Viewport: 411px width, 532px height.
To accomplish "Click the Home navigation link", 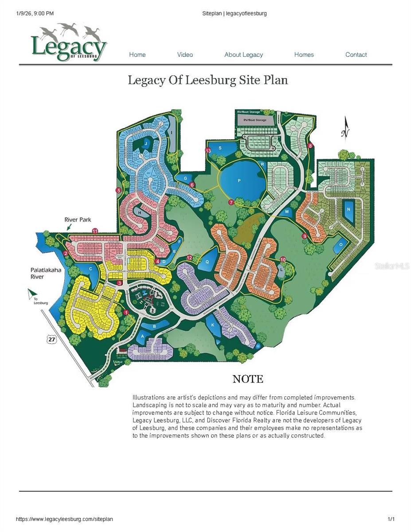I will (137, 55).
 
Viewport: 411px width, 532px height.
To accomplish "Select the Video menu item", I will (185, 55).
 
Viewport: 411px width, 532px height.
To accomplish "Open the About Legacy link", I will (243, 55).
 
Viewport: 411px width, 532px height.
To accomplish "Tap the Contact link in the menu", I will (356, 55).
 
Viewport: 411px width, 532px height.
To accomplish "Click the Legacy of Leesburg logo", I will (69, 43).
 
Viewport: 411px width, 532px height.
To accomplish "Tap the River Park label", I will (77, 219).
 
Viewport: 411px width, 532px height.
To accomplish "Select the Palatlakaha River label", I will (43, 273).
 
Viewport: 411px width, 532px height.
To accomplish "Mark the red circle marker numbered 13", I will (207, 151).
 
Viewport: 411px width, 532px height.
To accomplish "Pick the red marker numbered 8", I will (310, 145).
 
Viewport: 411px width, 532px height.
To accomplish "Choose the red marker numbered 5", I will (118, 190).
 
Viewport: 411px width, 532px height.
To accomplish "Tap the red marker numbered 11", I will (95, 231).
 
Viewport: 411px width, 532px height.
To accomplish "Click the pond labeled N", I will (348, 209).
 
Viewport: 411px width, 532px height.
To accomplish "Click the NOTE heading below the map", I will (248, 379).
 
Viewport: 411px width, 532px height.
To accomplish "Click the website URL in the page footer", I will (65, 519).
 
